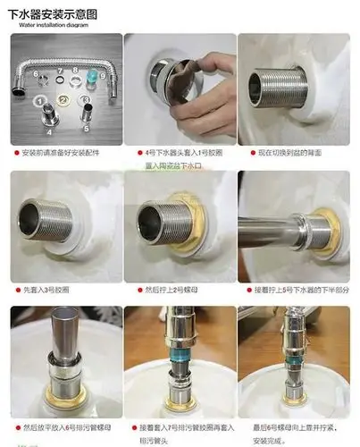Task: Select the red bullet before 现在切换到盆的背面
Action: [243, 153]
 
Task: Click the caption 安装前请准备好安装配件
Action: [63, 153]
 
